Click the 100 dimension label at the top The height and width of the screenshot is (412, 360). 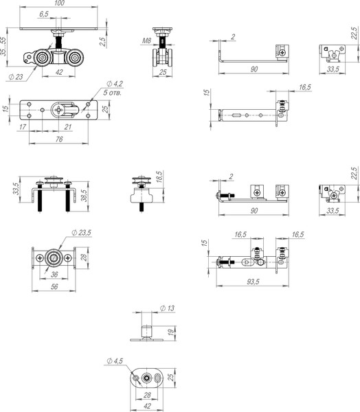[60, 3]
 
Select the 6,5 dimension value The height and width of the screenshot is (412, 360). [44, 14]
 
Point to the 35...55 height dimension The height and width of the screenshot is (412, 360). [3, 46]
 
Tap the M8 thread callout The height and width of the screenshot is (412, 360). [146, 41]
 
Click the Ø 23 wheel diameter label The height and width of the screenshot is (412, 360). [16, 77]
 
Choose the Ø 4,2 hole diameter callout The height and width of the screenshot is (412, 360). [115, 84]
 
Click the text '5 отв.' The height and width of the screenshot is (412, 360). [112, 93]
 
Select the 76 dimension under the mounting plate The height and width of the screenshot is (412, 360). [59, 139]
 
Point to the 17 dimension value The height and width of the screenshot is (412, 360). [23, 127]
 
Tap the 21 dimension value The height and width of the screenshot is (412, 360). [68, 127]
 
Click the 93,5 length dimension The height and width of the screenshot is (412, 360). [253, 282]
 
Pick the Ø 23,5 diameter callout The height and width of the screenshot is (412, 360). [81, 233]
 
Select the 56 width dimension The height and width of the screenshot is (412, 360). [54, 286]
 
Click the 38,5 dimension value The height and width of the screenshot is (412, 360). [84, 196]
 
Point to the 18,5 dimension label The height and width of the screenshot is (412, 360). [159, 177]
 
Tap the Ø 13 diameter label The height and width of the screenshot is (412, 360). [167, 308]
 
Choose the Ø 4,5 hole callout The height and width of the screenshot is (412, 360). [115, 361]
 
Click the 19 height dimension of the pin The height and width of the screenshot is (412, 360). [171, 332]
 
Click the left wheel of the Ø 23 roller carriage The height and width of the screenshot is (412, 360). [42, 58]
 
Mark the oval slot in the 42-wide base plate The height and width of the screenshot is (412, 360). [158, 378]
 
